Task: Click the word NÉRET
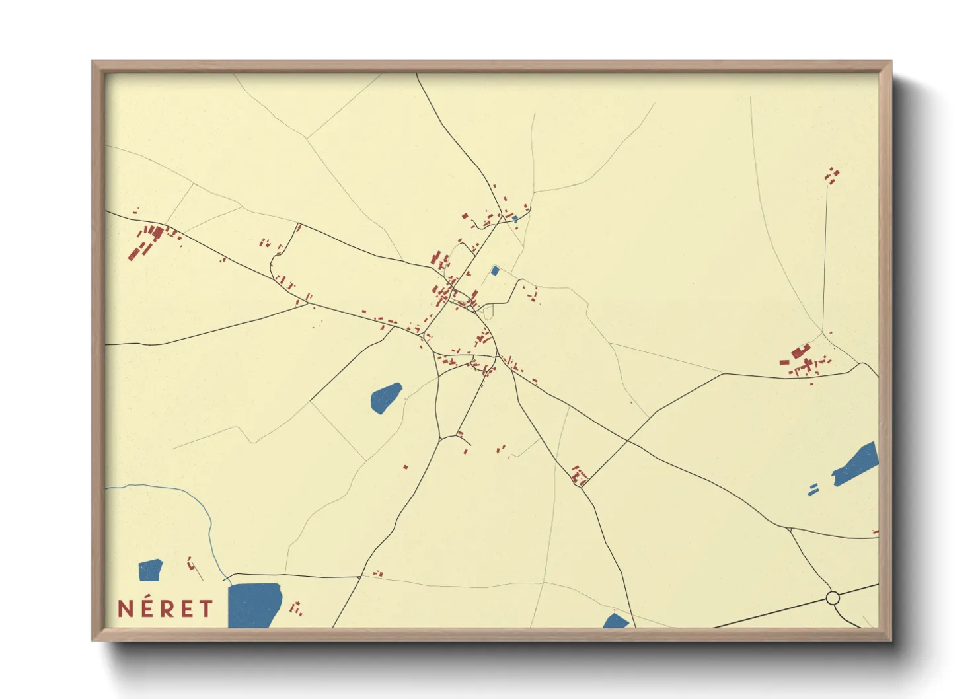(x=165, y=608)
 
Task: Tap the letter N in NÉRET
(x=126, y=609)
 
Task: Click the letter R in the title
(x=167, y=609)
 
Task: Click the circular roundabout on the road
(x=833, y=598)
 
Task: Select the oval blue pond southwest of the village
(x=386, y=398)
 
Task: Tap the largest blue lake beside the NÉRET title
(x=254, y=604)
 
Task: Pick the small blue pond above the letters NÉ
(x=150, y=570)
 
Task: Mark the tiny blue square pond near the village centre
(x=495, y=270)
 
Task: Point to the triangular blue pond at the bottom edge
(x=616, y=621)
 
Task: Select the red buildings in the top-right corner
(x=832, y=175)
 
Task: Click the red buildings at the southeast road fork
(x=579, y=476)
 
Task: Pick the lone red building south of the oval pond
(x=405, y=468)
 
